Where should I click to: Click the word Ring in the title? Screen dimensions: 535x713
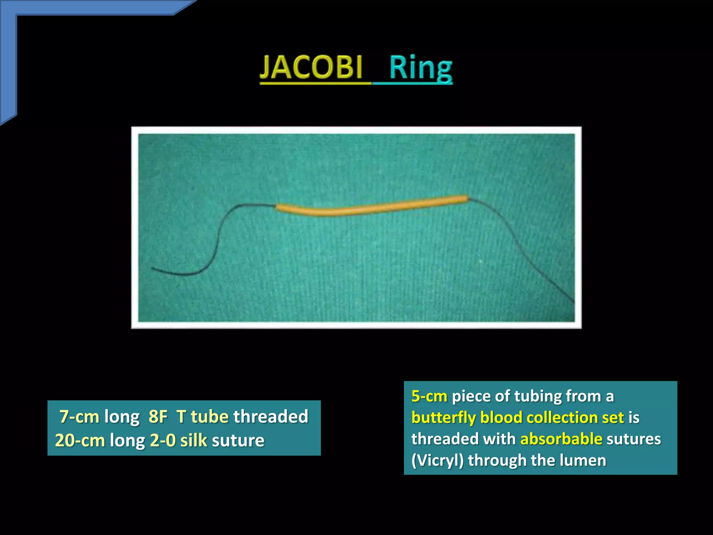(x=421, y=68)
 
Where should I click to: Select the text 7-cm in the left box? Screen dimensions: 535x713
(x=79, y=417)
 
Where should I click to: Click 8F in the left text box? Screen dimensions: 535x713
(x=158, y=417)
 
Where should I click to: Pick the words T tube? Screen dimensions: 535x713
(x=202, y=417)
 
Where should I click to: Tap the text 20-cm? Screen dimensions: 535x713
(x=80, y=440)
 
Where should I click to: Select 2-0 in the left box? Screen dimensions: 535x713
(x=163, y=440)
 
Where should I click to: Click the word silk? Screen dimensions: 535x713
(x=194, y=440)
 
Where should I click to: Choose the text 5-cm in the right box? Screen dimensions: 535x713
(x=429, y=396)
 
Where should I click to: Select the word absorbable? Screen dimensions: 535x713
(x=561, y=439)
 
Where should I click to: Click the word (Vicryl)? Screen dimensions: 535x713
(x=437, y=460)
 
